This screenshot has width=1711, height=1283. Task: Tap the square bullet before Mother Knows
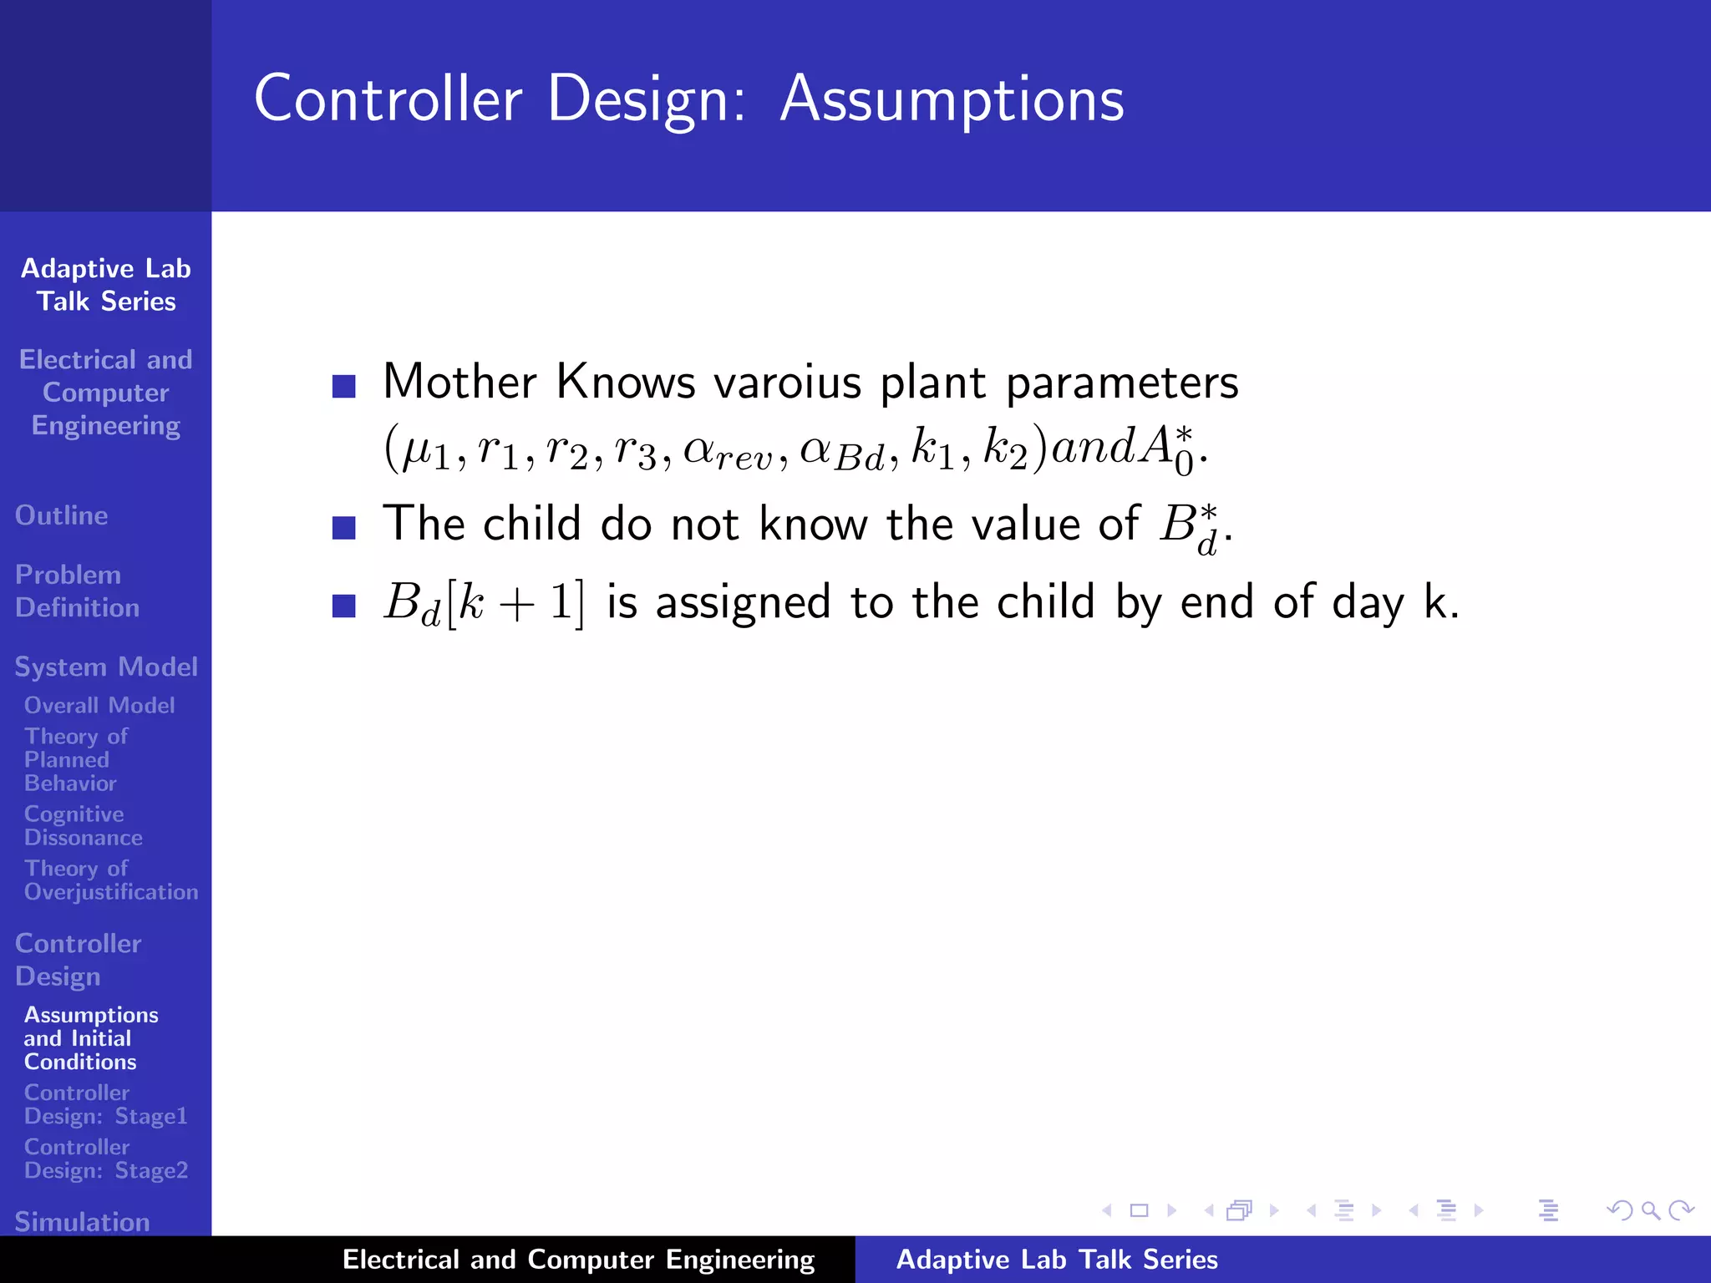pyautogui.click(x=343, y=386)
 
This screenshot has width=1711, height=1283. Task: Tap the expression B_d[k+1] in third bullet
pyautogui.click(x=484, y=603)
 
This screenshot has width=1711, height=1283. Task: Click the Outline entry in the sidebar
pyautogui.click(x=62, y=515)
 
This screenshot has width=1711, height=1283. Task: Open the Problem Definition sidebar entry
pyautogui.click(x=77, y=591)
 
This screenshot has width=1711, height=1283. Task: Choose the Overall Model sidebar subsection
pyautogui.click(x=99, y=705)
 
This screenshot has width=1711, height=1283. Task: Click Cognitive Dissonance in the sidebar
pyautogui.click(x=83, y=825)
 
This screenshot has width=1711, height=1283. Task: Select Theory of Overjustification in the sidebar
pyautogui.click(x=110, y=880)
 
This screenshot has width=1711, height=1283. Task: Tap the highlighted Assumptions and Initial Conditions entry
pyautogui.click(x=90, y=1037)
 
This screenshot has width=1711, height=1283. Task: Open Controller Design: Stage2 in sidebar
pyautogui.click(x=105, y=1158)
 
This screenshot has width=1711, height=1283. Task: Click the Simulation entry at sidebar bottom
pyautogui.click(x=82, y=1221)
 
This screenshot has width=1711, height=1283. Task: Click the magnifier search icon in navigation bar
pyautogui.click(x=1650, y=1210)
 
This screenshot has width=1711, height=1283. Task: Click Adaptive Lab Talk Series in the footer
pyautogui.click(x=1056, y=1260)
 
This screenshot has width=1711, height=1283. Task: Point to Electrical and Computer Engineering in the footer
pyautogui.click(x=578, y=1260)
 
